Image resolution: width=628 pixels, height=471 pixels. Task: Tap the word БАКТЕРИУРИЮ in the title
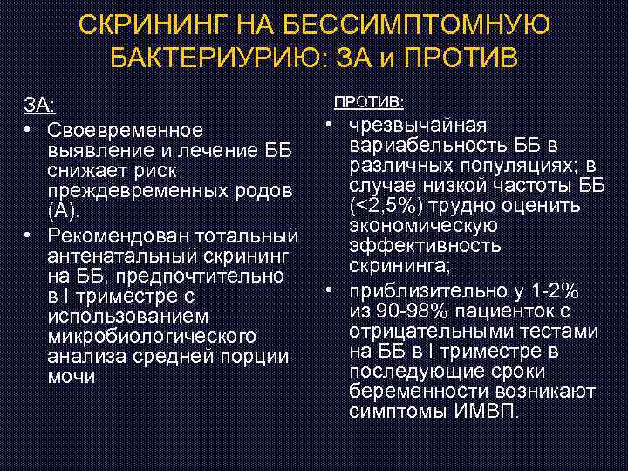[215, 58]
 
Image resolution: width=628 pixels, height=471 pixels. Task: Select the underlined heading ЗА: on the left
[39, 106]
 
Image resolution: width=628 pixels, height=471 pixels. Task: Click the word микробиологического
[151, 337]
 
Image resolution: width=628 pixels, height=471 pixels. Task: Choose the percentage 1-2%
[563, 291]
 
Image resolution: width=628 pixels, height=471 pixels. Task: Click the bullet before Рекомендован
[30, 236]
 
